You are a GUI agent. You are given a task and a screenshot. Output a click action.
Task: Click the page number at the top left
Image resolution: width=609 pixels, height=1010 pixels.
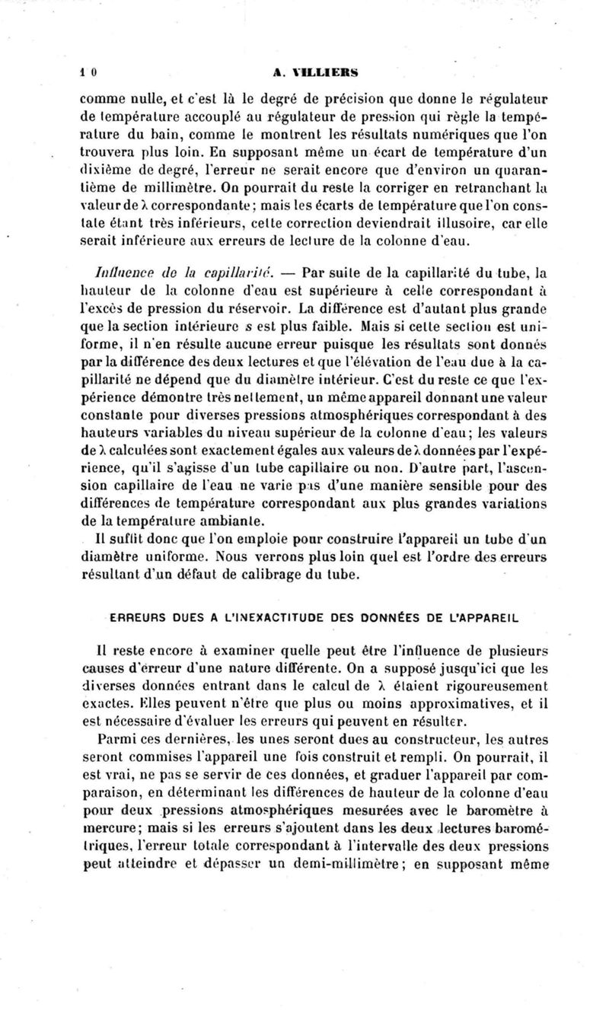88,72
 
